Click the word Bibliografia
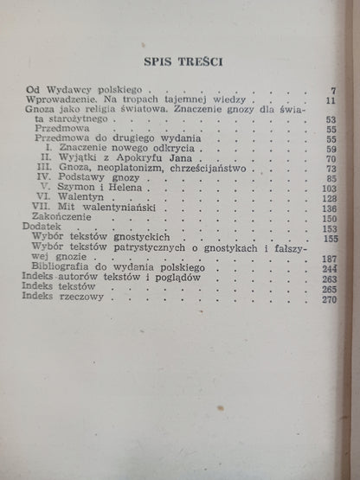[x=74, y=293]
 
